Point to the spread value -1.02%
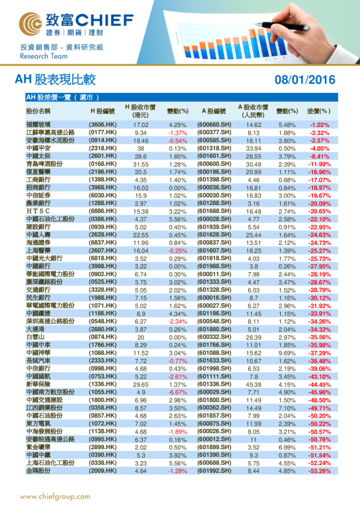[319, 125]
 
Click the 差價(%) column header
[319, 111]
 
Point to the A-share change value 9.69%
[287, 352]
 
